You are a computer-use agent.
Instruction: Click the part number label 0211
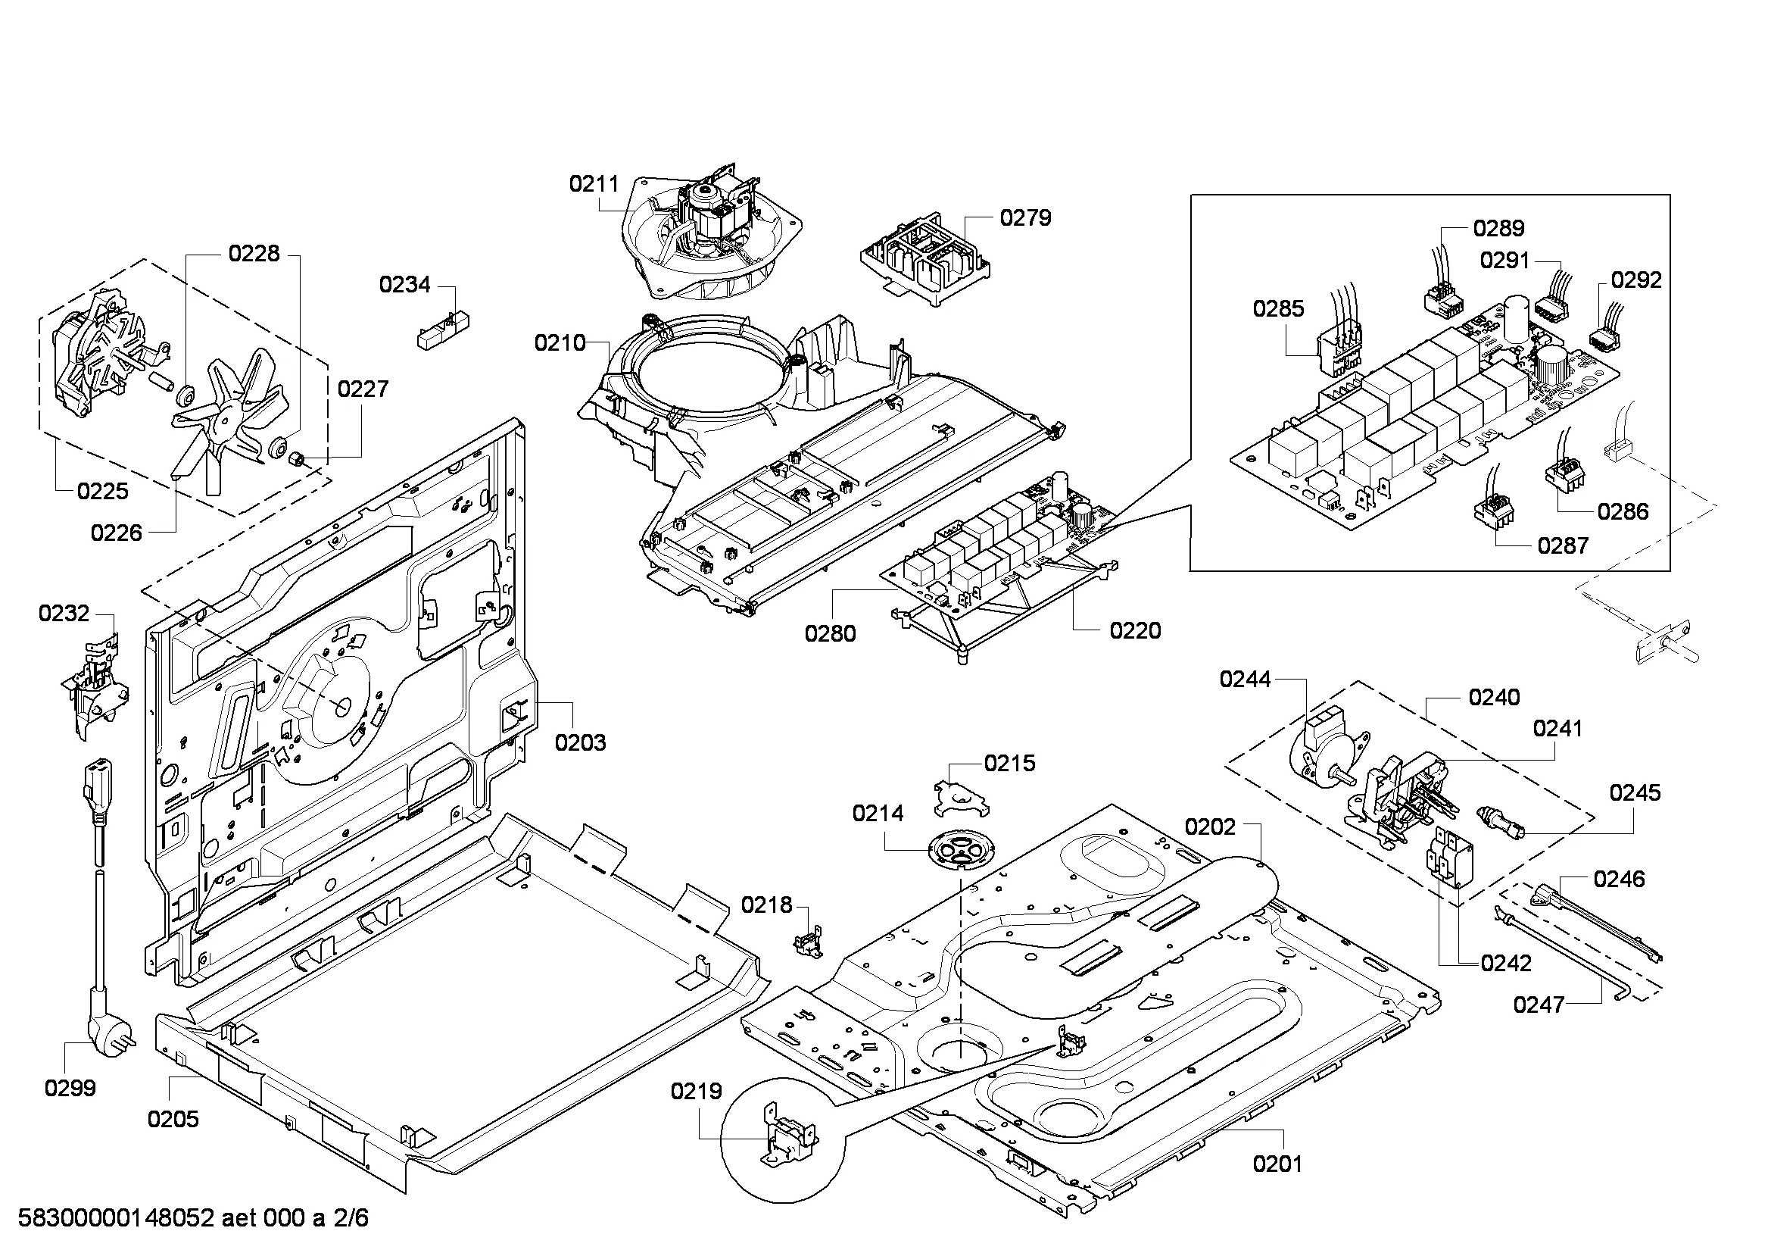(x=594, y=183)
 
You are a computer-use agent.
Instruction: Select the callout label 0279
(x=1025, y=218)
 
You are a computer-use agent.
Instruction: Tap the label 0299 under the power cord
(x=70, y=1088)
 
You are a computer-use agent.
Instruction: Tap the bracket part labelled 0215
(x=960, y=797)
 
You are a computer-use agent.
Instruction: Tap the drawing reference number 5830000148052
(x=115, y=1218)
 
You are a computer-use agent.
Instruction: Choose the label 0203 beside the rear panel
(x=580, y=742)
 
